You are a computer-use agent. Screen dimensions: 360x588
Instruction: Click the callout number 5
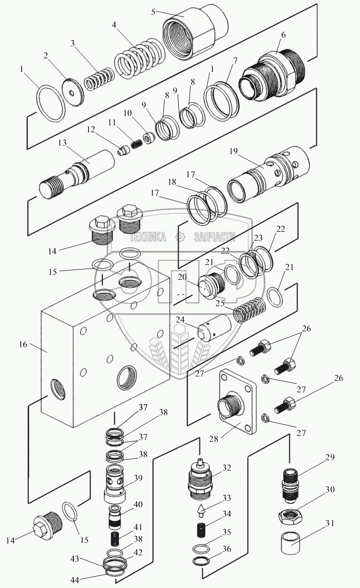[x=154, y=12]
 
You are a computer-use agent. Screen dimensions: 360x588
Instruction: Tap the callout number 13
[x=62, y=143]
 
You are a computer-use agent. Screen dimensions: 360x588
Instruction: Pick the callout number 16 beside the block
[x=23, y=344]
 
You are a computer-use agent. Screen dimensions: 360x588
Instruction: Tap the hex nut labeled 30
[x=291, y=516]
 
